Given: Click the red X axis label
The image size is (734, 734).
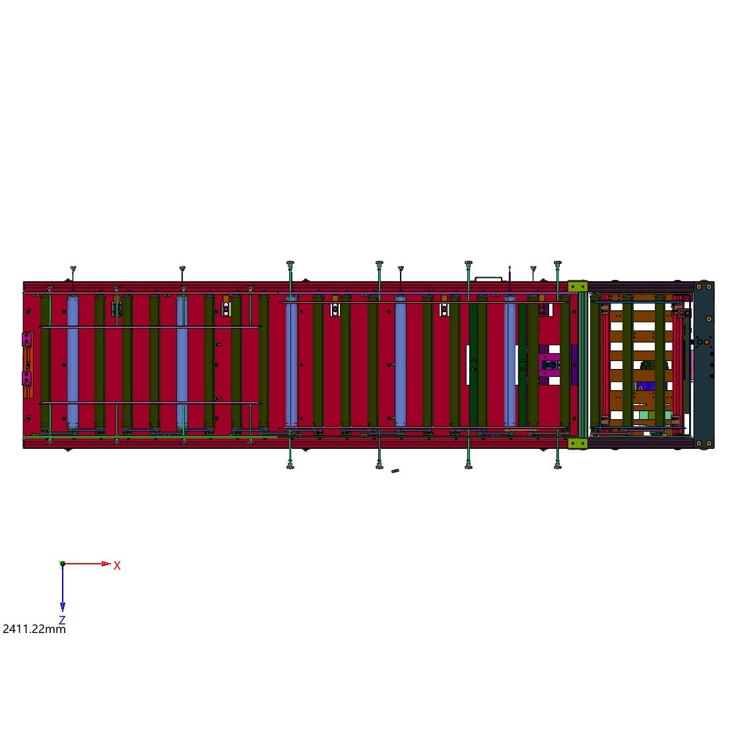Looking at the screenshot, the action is (x=117, y=566).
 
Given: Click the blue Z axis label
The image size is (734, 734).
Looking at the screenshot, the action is (x=62, y=620).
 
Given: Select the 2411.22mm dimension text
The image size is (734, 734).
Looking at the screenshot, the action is (x=34, y=628).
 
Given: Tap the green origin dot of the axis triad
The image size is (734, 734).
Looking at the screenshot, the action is (x=62, y=564).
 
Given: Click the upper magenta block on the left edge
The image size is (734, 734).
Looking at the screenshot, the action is (x=26, y=339).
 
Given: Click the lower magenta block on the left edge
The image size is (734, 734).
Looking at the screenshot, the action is (x=26, y=378).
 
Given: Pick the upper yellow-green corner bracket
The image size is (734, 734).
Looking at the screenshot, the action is (x=577, y=286).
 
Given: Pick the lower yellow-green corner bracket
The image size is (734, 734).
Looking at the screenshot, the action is (x=577, y=443).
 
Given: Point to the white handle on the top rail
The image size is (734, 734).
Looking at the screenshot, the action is (x=488, y=279).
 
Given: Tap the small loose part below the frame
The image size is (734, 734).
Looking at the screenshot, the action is (x=395, y=471).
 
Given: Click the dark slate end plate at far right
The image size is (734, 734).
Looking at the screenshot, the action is (x=704, y=364).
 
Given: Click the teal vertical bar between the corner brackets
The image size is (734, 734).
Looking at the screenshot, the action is (x=582, y=364).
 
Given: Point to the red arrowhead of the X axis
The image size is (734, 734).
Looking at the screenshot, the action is (x=106, y=564).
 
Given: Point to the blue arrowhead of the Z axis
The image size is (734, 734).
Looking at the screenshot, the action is (x=62, y=607).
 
